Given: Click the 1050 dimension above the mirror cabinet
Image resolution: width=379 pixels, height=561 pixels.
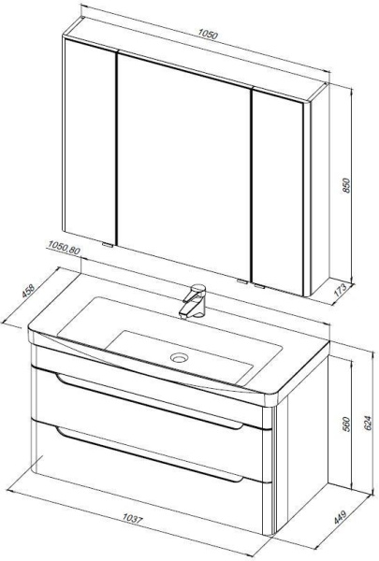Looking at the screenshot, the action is [208, 35].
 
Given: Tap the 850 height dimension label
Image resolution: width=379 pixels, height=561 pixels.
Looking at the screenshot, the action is [346, 185].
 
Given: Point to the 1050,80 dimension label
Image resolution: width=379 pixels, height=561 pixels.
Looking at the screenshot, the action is [64, 247].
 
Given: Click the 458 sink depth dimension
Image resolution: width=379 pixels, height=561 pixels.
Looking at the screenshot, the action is [28, 291].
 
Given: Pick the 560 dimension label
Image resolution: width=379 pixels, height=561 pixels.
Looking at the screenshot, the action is [346, 424].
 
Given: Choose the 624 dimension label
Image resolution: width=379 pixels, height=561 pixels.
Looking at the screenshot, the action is [368, 423].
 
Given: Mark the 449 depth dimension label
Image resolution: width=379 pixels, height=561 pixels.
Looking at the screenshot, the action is [341, 517].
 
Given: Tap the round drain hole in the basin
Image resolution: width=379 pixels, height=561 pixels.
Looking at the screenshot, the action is [180, 357].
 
